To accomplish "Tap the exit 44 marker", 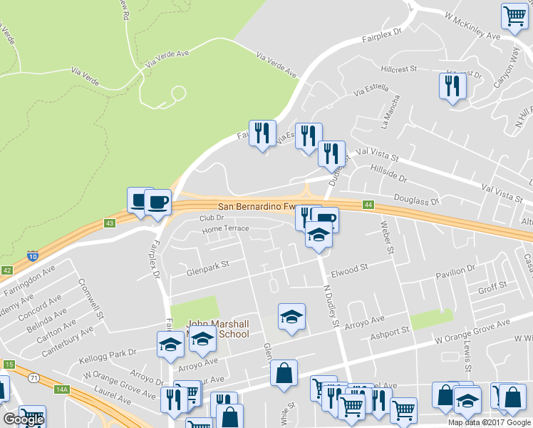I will [368, 205].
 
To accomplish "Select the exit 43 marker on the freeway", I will [109, 223].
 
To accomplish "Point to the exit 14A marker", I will [63, 389].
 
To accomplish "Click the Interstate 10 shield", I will [33, 255].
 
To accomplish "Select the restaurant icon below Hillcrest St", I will [452, 86].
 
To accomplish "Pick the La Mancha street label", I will [393, 113].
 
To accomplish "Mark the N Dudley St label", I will [330, 307].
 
